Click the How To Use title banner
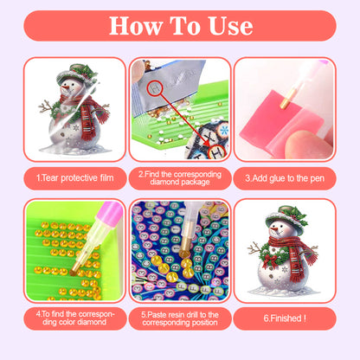point(180,26)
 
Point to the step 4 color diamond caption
point(74,318)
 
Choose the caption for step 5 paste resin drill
point(180,318)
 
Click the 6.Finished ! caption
point(286,318)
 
